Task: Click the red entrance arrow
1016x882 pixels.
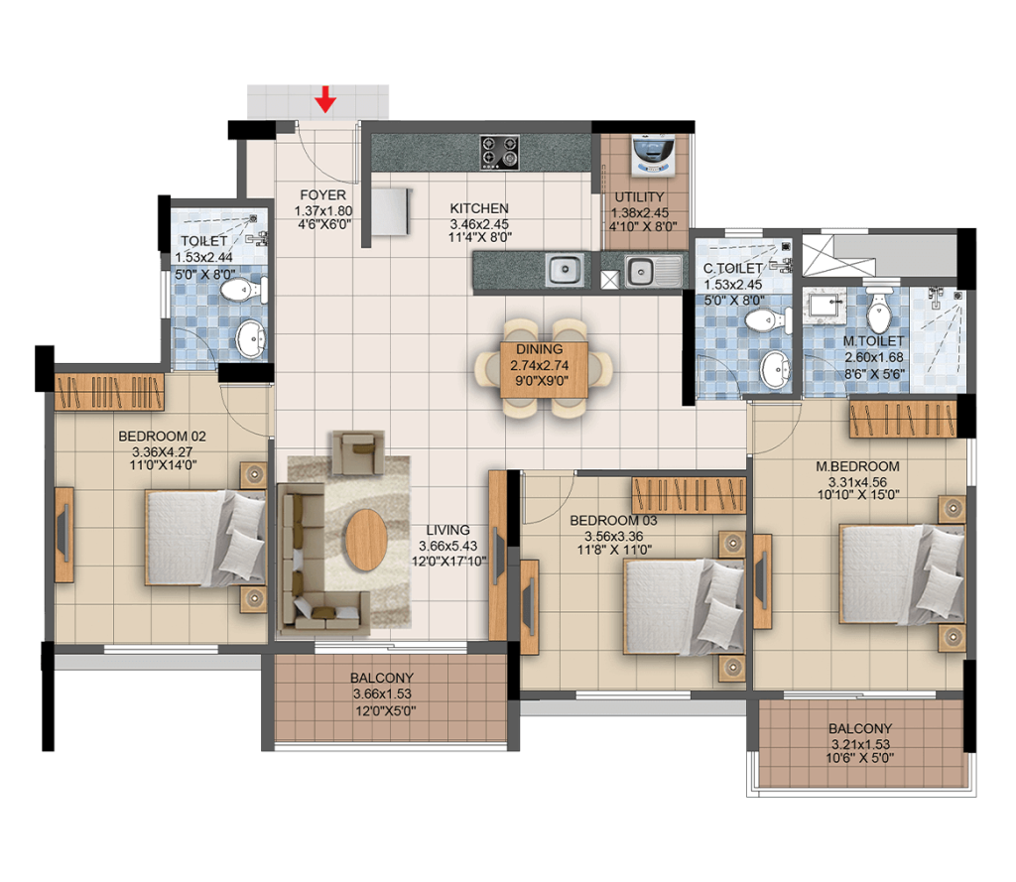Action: point(325,99)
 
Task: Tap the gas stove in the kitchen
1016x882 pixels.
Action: point(499,153)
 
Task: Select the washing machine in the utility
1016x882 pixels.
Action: point(653,155)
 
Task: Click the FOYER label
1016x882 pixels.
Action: point(322,195)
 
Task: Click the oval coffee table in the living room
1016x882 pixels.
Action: point(366,540)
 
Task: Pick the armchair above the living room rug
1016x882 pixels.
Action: point(357,452)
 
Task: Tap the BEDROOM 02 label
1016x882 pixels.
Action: point(162,437)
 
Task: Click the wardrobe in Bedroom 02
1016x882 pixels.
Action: point(109,392)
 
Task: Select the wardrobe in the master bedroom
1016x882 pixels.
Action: point(903,420)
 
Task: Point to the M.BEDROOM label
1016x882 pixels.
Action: point(857,466)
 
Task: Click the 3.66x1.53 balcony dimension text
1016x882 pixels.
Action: point(382,693)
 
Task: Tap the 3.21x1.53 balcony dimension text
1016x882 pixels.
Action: point(860,745)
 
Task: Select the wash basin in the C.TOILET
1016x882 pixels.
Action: point(776,370)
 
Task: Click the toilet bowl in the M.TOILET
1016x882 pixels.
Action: point(879,313)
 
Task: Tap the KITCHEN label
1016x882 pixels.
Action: point(479,208)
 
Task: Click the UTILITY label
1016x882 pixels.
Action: point(640,197)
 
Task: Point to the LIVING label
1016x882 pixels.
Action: point(448,530)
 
